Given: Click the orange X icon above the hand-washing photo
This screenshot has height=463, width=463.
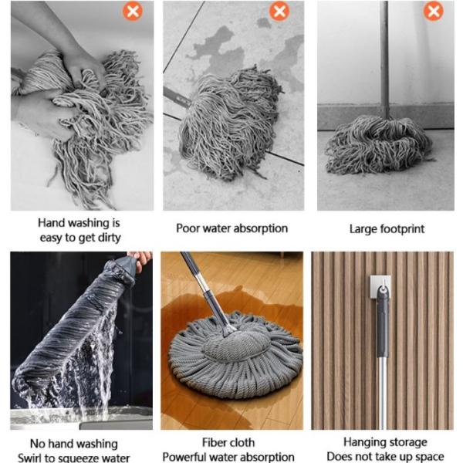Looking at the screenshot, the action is click(x=133, y=12).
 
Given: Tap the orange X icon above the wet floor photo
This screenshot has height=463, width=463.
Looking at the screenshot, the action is click(x=279, y=12).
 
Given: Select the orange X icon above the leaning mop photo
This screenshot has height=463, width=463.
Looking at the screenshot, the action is click(x=433, y=12).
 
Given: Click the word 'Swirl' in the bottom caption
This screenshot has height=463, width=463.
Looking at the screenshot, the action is click(x=29, y=458).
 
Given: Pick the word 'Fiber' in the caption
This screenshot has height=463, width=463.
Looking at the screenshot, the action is click(x=213, y=443).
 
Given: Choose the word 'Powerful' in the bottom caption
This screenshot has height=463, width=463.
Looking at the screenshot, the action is click(x=184, y=457).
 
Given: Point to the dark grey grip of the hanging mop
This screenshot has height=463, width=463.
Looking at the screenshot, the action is click(x=383, y=322).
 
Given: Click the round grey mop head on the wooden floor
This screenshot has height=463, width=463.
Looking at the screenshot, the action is click(x=235, y=355).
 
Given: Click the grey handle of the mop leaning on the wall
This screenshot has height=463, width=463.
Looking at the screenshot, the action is click(x=384, y=59).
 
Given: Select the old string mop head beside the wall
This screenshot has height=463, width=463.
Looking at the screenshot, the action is click(x=378, y=144).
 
